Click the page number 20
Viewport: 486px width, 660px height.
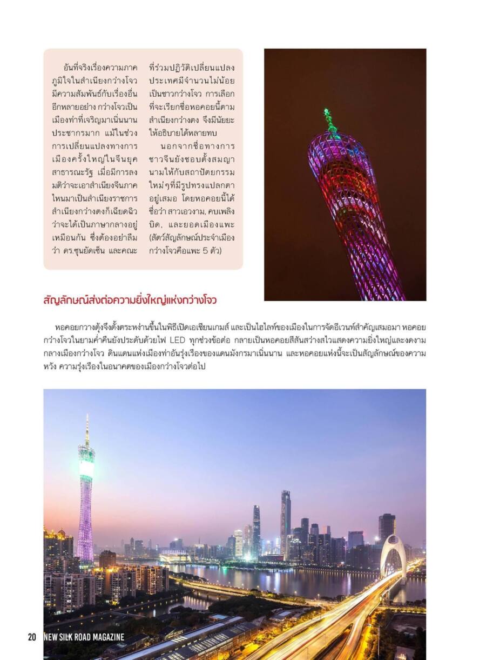pos(32,637)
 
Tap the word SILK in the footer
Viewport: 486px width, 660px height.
pos(67,637)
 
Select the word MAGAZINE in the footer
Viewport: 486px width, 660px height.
pos(106,637)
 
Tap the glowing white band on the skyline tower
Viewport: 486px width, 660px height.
pos(86,468)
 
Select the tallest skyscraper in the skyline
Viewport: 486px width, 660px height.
pos(285,519)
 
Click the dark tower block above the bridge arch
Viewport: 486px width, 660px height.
pos(387,526)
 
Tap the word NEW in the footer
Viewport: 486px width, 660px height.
pos(50,637)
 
